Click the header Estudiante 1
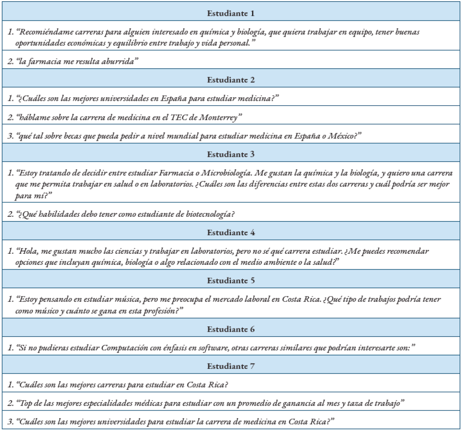pyautogui.click(x=231, y=13)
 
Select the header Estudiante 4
pyautogui.click(x=231, y=233)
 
